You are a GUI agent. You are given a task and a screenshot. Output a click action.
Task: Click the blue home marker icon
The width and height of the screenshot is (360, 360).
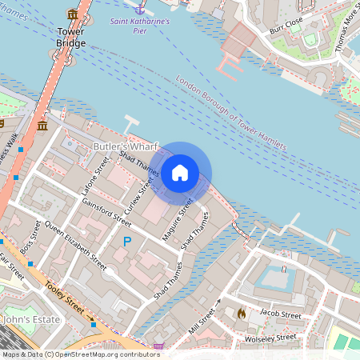tap(180, 173)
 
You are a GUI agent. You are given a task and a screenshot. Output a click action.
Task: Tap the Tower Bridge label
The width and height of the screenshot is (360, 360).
tap(71, 37)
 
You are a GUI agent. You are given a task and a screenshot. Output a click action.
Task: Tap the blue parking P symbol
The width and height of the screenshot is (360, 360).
tap(126, 241)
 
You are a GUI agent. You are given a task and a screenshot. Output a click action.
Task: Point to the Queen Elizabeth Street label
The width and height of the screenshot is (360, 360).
tap(76, 244)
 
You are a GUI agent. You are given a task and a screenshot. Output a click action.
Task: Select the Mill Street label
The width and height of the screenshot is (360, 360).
tap(203, 317)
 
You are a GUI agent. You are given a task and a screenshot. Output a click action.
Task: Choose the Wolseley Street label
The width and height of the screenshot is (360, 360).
tap(270, 338)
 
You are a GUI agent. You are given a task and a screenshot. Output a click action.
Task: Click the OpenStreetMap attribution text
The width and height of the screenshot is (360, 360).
tap(80, 354)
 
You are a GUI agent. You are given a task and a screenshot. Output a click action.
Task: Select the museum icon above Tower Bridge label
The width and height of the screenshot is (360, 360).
tap(73, 14)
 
